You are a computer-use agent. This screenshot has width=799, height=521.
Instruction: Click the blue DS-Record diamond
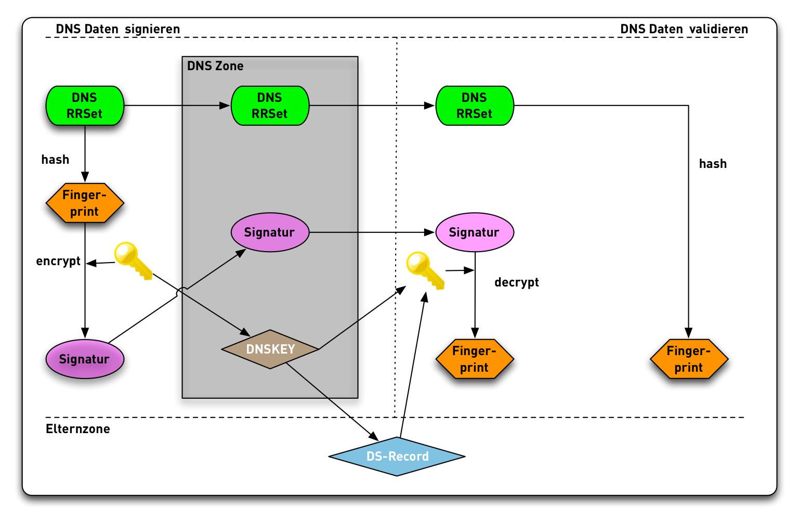397,457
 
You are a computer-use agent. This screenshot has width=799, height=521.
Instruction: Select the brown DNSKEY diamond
270,349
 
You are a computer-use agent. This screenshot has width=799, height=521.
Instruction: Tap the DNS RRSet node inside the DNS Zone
270,106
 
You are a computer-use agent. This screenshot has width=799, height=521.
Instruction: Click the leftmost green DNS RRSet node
85,106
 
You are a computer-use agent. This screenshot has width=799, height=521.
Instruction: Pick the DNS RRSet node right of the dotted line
474,106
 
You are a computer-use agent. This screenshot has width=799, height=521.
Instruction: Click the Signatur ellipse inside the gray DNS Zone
270,232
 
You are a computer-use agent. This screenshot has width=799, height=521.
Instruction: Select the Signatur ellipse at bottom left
85,359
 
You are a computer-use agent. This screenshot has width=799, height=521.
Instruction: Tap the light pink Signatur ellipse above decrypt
474,232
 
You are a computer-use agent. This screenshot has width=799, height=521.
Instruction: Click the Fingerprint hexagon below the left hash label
85,203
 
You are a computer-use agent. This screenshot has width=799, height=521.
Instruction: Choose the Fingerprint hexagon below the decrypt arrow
474,359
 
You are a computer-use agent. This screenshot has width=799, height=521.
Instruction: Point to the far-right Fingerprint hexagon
689,359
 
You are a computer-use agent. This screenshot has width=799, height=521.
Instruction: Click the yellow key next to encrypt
133,260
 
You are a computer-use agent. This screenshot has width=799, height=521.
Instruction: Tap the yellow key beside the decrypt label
425,270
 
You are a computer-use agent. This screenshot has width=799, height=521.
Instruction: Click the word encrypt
58,261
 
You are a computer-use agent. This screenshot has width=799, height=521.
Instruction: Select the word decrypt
516,282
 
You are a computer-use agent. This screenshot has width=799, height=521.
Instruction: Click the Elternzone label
78,429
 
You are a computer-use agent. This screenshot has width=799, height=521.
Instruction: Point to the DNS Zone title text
215,66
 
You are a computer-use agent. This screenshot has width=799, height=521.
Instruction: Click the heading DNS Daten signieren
118,29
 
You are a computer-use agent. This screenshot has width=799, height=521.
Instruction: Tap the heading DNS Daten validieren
684,29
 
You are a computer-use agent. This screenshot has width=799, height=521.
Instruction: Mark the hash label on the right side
713,164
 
